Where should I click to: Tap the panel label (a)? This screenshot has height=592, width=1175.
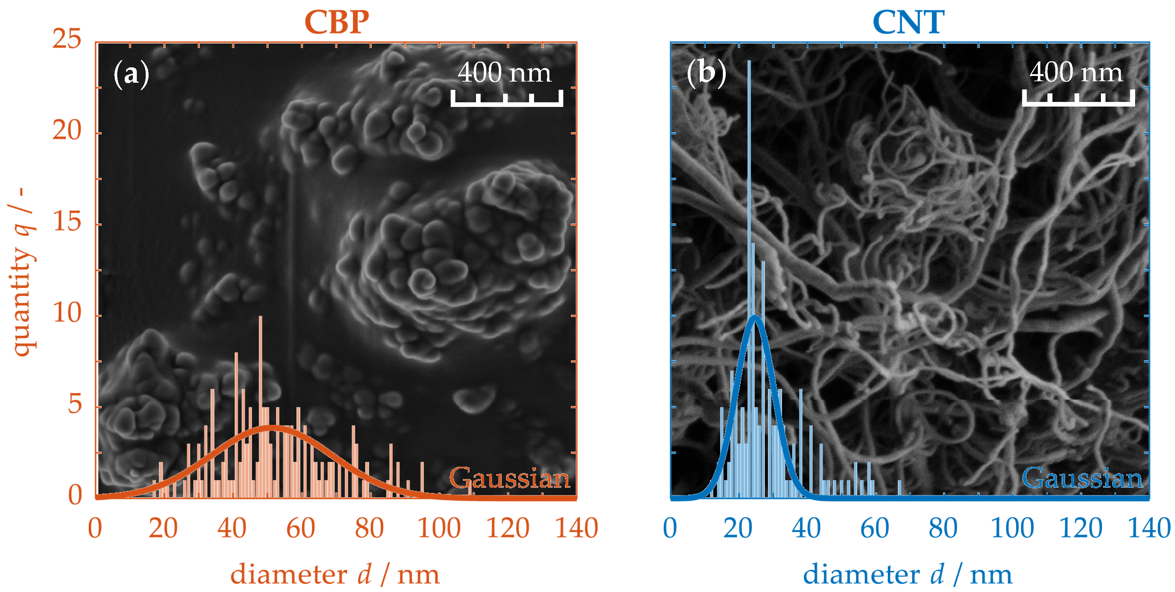tap(131, 73)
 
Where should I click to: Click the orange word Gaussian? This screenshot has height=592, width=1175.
tap(509, 478)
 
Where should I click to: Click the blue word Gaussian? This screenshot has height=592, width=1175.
tap(1082, 478)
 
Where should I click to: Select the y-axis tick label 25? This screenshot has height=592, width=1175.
tap(67, 38)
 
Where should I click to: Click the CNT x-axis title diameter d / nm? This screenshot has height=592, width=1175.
tap(908, 574)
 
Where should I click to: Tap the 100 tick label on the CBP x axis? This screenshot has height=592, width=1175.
tap(439, 529)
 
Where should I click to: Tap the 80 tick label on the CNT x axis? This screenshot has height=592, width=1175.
tap(943, 529)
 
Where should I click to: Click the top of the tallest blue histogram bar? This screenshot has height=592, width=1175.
tap(749, 61)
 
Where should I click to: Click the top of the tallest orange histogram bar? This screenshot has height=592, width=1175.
tap(260, 317)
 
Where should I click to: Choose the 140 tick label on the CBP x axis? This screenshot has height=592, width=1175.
tap(576, 529)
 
